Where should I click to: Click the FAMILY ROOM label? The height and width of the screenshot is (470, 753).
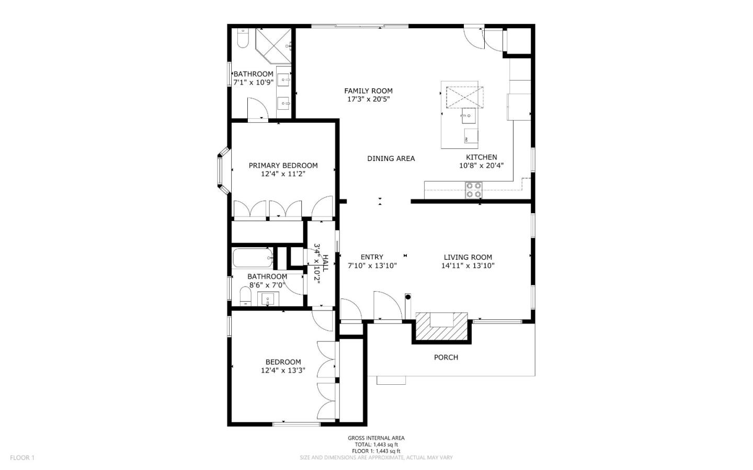pos(368,91)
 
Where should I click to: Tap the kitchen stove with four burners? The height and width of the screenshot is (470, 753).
pos(474,190)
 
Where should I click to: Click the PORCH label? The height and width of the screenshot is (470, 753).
pos(446,358)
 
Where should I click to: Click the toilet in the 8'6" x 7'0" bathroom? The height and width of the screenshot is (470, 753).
pos(245,296)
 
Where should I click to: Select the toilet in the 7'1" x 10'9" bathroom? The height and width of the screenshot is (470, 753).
pos(243,38)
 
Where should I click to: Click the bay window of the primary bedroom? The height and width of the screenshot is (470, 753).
pos(222,170)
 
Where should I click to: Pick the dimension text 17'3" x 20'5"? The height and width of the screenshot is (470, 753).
pos(368,99)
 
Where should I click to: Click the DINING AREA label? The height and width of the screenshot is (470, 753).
pos(391,159)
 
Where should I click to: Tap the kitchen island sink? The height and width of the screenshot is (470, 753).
pos(469,115)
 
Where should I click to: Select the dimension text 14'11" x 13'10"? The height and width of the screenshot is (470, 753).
pos(467,266)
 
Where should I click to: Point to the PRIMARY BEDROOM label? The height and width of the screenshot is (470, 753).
pos(283,166)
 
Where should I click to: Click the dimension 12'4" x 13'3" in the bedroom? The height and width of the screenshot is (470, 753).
pos(283,371)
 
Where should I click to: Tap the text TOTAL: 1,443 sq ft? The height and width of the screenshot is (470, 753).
pos(376,444)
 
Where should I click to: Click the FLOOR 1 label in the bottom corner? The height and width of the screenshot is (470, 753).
pos(22,458)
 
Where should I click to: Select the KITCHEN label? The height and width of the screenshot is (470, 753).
pos(481,157)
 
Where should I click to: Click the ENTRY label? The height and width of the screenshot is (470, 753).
pos(372,257)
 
